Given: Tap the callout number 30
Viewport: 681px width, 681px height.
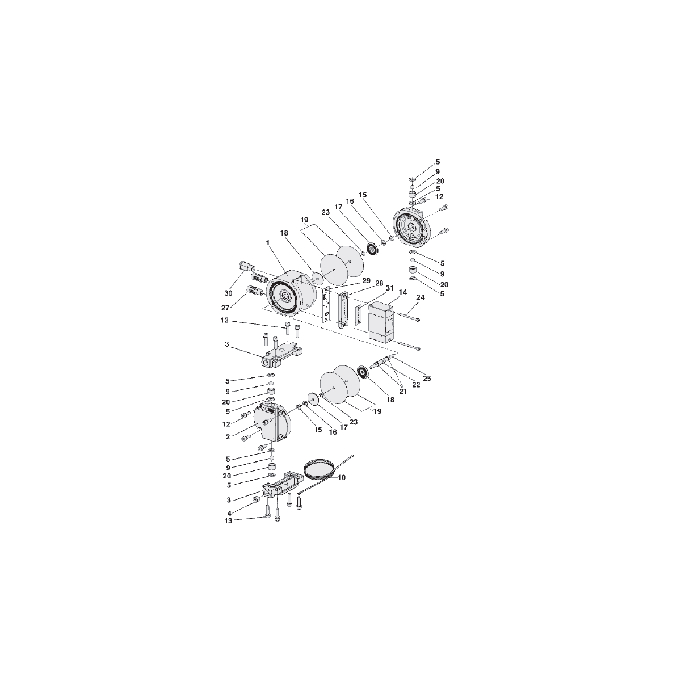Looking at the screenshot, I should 228,293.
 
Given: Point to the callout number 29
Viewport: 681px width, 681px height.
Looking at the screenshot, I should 366,281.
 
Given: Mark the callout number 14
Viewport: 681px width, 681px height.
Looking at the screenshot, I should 403,292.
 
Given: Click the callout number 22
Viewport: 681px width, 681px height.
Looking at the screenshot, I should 416,385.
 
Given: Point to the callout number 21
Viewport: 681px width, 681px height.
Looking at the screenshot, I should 403,392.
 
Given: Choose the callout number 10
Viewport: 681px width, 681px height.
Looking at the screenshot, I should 342,477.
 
